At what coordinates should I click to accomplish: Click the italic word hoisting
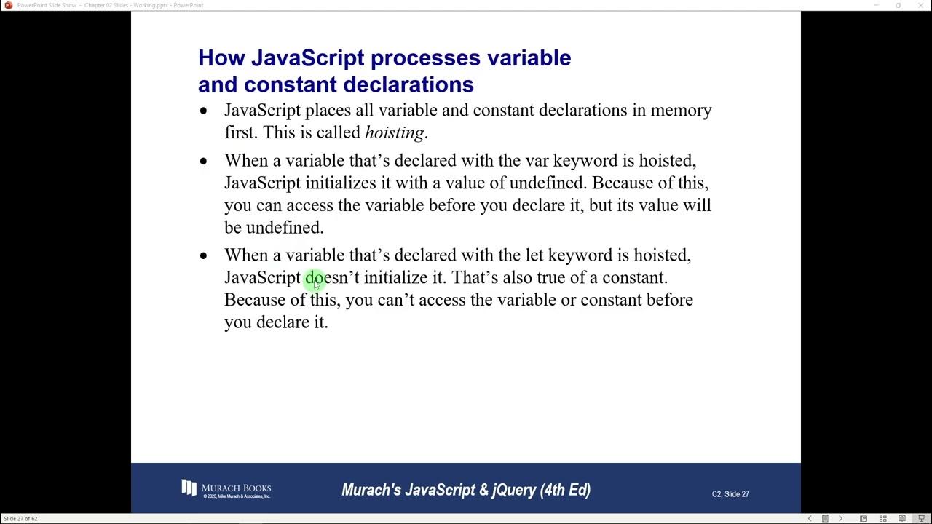395,132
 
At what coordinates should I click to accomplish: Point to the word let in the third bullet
534,255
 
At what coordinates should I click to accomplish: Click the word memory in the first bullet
681,111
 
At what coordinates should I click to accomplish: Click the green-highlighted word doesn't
332,277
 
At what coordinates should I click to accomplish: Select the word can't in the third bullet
396,300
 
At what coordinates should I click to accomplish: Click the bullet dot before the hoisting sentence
203,111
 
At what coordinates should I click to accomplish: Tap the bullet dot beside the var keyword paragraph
203,161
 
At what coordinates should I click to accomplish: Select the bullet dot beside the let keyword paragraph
203,256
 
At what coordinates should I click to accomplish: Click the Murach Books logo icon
189,488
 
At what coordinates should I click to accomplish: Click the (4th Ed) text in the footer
565,490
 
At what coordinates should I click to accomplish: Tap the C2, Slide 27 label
730,494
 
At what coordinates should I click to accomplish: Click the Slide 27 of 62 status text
20,519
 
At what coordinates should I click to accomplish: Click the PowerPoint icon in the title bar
9,5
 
